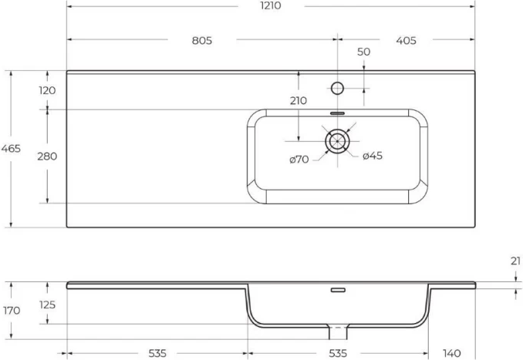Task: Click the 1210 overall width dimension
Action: [271, 5]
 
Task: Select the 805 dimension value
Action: [202, 41]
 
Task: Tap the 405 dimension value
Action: [406, 41]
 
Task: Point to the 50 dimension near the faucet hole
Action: [363, 52]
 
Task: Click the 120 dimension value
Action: [47, 90]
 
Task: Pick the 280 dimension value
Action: [47, 156]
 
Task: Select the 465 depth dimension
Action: [11, 149]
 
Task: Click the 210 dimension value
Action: [298, 101]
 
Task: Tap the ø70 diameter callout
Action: [299, 160]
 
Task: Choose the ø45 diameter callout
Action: [373, 156]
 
